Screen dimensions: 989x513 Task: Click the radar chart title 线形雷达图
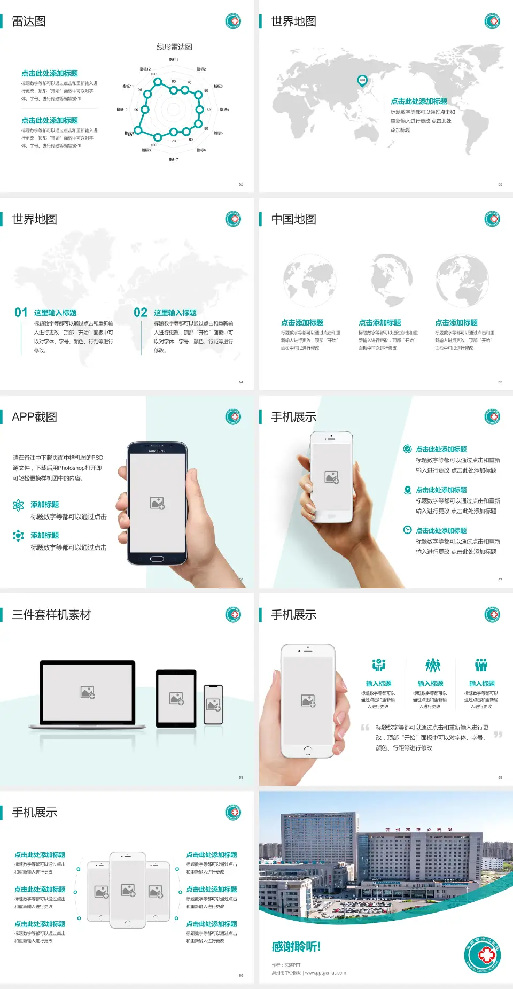point(174,47)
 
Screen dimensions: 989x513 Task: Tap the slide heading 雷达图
point(29,21)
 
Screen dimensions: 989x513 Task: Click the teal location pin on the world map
point(362,81)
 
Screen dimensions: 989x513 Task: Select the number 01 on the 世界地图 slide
point(21,313)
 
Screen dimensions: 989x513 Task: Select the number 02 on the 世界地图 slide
point(141,313)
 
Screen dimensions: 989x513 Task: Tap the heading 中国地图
point(293,219)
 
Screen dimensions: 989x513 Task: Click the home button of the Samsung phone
point(157,559)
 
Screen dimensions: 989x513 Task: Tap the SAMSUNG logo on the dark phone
point(157,451)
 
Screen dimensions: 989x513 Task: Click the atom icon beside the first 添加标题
point(18,505)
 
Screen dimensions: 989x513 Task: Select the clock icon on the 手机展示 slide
point(407,530)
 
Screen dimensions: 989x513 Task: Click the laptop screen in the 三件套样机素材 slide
point(88,692)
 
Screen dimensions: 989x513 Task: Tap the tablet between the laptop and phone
point(176,698)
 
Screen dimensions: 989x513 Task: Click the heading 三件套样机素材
point(51,615)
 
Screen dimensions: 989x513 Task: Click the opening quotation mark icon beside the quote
point(365,728)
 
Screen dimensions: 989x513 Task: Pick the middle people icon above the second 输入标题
point(432,665)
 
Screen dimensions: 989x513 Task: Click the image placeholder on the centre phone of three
point(128,890)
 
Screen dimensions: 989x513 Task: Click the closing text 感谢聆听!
point(296,947)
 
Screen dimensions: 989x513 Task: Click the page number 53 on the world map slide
point(500,184)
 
